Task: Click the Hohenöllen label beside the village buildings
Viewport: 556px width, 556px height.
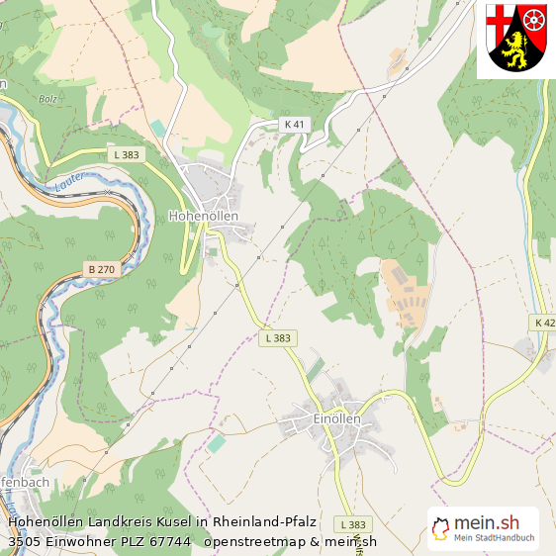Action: point(204,215)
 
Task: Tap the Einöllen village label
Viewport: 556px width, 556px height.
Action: point(336,418)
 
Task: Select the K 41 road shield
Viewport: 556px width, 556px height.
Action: point(295,125)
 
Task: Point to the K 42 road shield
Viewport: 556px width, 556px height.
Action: point(545,323)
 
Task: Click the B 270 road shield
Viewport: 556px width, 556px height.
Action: point(101,269)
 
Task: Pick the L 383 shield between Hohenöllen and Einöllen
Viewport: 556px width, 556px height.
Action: point(279,338)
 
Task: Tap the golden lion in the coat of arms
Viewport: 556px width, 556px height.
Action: point(517,48)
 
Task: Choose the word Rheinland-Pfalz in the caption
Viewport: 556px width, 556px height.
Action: point(263,521)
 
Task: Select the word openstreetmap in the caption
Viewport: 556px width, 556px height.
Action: point(246,541)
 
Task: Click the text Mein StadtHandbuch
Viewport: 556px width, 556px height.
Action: point(495,539)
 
